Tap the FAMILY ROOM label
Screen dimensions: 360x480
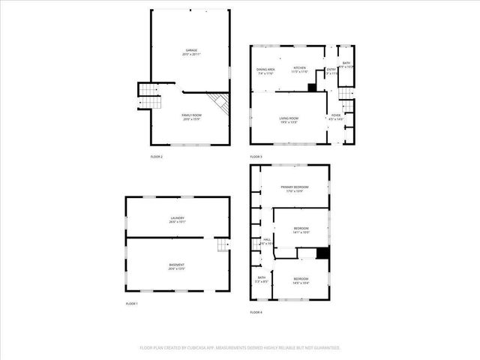tap(192, 116)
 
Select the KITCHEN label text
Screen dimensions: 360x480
tap(300, 67)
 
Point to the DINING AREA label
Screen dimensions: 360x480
tap(265, 70)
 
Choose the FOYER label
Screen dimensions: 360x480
tap(335, 115)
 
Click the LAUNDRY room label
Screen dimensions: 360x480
tap(177, 218)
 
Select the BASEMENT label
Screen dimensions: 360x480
tap(177, 265)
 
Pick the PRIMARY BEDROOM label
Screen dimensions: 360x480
tap(295, 187)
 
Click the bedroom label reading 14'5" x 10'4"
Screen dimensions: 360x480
tap(300, 280)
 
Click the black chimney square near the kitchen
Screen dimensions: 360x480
tap(312, 87)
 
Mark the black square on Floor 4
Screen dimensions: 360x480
tap(322, 253)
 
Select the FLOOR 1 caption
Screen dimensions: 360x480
tap(132, 303)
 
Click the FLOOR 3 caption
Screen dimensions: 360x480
tap(256, 156)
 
